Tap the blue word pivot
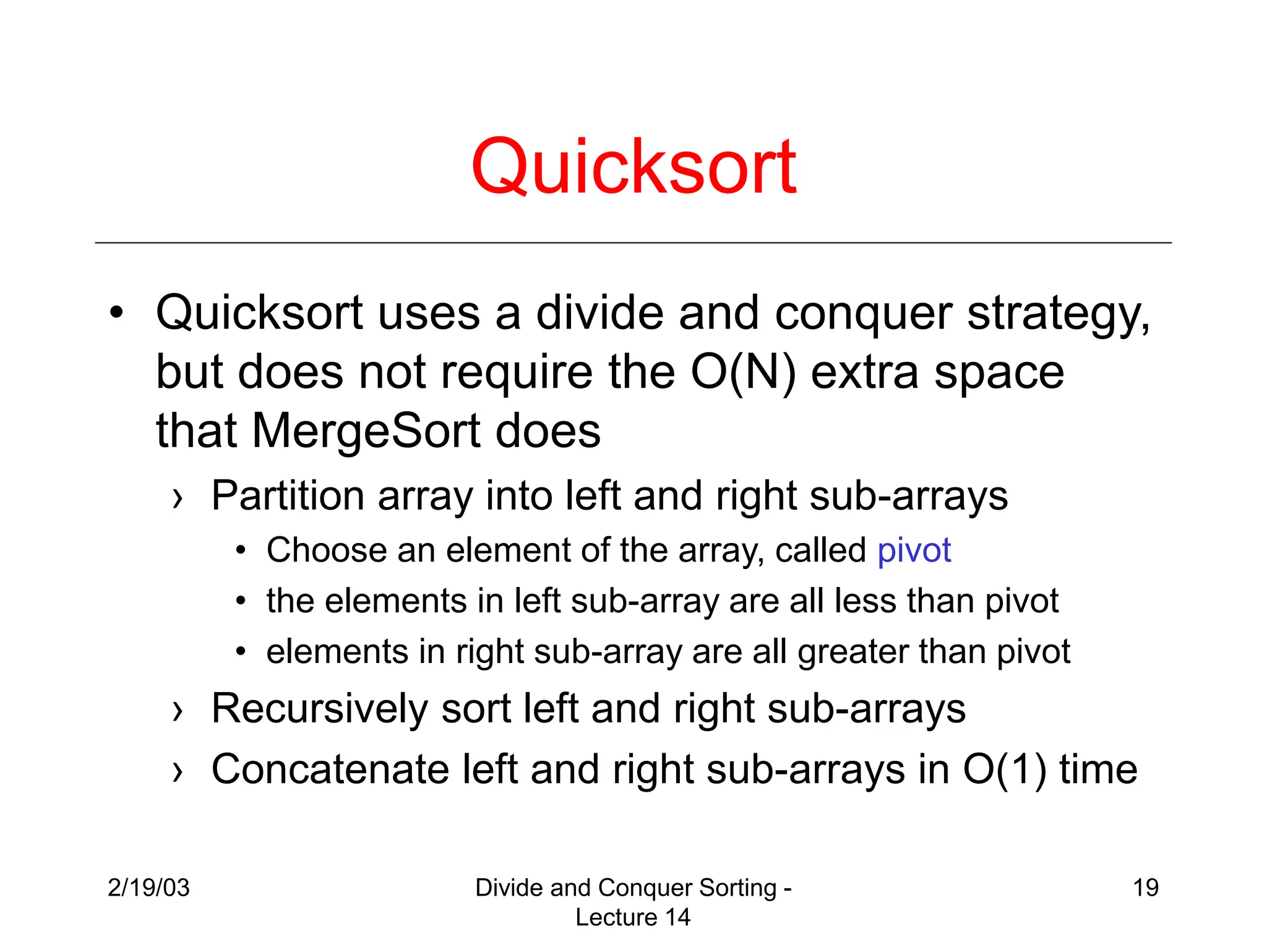point(914,550)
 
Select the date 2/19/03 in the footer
point(148,888)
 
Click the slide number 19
point(1145,888)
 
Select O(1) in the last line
point(1003,770)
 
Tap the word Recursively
point(319,709)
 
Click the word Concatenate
point(330,770)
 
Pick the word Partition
point(287,496)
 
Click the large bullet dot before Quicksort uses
point(116,312)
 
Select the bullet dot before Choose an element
point(241,550)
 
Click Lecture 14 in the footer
point(632,917)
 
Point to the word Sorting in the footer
point(737,888)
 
